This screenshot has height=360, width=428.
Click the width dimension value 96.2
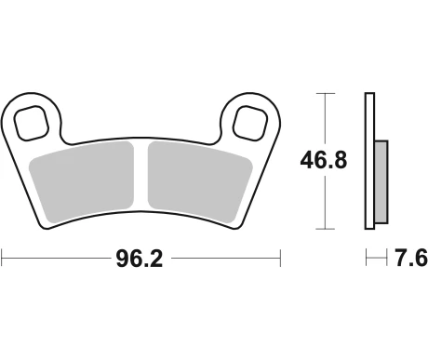click(x=140, y=259)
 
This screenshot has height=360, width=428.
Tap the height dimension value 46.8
click(x=324, y=160)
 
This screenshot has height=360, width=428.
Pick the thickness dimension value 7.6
click(x=405, y=259)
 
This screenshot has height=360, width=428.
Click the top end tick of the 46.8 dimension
click(x=323, y=93)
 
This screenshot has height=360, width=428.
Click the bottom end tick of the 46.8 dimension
click(x=323, y=229)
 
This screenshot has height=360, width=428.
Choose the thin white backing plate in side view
click(x=369, y=160)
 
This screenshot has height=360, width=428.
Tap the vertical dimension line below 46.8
click(x=323, y=203)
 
